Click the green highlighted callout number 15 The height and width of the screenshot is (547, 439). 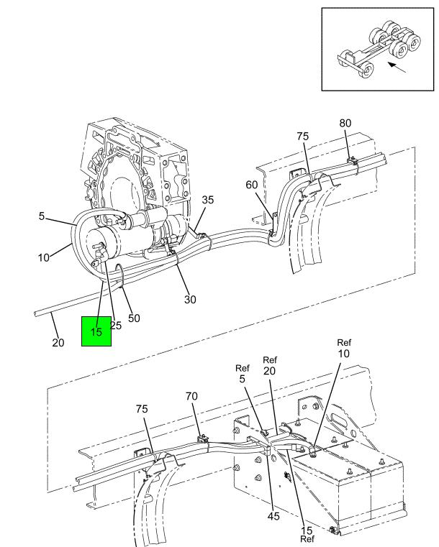pos(96,332)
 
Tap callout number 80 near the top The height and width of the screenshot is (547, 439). pos(345,123)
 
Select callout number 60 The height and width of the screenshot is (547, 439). pos(251,185)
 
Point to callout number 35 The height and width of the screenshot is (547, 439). pos(207,200)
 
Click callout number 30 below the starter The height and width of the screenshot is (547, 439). pos(190,299)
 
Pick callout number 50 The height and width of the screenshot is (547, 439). pos(134,318)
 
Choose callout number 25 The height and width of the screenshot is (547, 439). pos(116,326)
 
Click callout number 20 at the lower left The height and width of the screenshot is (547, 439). pos(58,343)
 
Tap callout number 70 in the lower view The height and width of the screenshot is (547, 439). pos(191,396)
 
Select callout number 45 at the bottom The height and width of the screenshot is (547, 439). pos(273,516)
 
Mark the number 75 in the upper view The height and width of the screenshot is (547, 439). pos(303,137)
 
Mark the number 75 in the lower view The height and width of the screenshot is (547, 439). pos(142,409)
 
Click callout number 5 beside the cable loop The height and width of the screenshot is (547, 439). pos(42,216)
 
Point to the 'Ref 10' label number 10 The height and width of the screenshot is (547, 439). pos(344,354)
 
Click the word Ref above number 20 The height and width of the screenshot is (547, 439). pos(270,359)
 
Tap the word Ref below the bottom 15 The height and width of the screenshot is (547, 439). pos(307,539)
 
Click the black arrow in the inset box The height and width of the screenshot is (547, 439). pos(397,68)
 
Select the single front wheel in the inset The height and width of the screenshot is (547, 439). pos(366,71)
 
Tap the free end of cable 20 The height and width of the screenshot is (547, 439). pos(35,314)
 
